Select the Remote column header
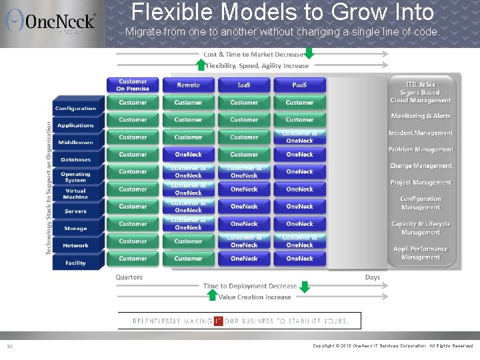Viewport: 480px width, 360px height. tap(188, 85)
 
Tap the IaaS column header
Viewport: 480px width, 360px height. tap(244, 85)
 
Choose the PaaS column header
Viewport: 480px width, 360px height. tap(299, 85)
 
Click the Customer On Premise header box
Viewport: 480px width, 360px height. tap(133, 85)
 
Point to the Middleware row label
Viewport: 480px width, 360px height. tap(75, 142)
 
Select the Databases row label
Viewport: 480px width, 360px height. tap(75, 159)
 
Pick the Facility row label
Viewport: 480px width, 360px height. tap(75, 263)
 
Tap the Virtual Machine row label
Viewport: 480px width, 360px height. tap(75, 194)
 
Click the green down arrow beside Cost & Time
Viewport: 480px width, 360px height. tap(308, 53)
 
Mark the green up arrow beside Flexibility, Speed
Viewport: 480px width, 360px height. tap(201, 65)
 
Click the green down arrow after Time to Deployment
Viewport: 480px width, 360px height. tap(304, 287)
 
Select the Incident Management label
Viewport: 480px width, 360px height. tap(421, 133)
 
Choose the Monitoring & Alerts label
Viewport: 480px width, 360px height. tap(421, 116)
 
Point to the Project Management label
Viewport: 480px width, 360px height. tap(421, 183)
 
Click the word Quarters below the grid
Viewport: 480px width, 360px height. tap(129, 277)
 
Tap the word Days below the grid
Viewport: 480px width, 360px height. tap(372, 277)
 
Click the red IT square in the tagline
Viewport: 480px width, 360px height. tap(218, 321)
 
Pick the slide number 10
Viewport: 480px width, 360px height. tap(9, 346)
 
